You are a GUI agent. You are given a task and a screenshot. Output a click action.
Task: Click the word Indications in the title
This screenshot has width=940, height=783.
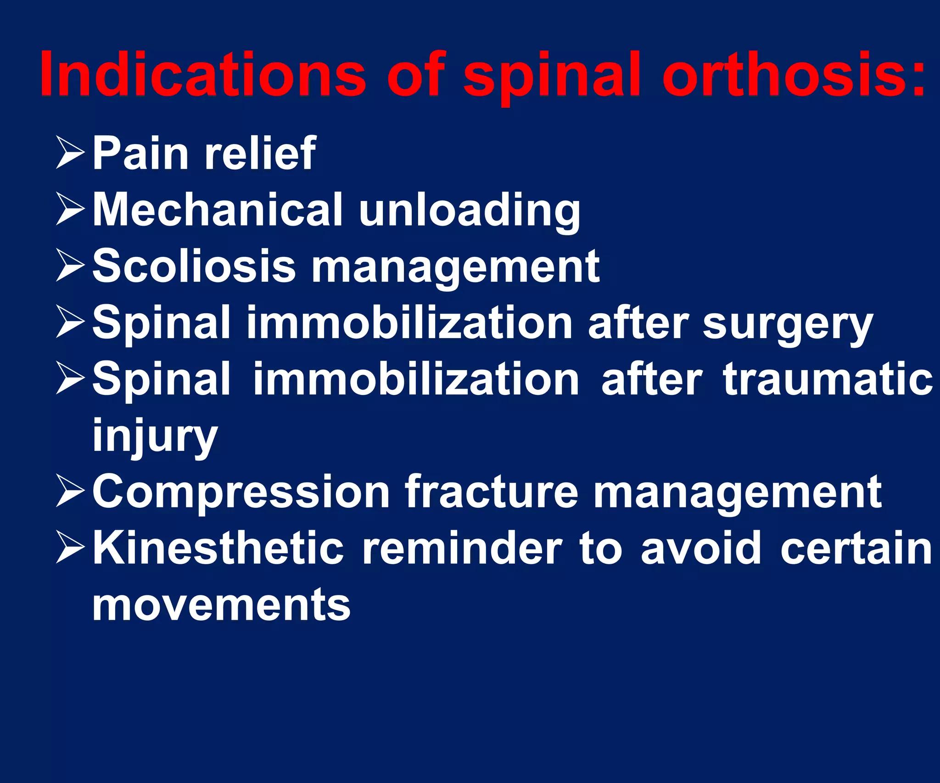coord(202,74)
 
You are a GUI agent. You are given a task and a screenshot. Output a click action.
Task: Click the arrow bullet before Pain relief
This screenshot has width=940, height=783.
coord(70,153)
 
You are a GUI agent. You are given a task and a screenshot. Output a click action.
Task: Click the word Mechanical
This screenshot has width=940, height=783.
coord(218,209)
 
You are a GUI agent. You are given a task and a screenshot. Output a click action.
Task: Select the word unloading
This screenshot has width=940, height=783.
coord(470,211)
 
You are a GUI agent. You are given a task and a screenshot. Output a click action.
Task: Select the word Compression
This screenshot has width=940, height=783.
coord(241,492)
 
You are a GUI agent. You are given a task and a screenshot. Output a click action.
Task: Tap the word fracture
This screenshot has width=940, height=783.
coord(492,492)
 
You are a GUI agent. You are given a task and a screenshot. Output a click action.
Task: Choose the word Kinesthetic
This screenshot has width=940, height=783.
coord(218,548)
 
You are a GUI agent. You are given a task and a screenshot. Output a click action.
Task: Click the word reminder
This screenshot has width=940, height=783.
coord(462,548)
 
